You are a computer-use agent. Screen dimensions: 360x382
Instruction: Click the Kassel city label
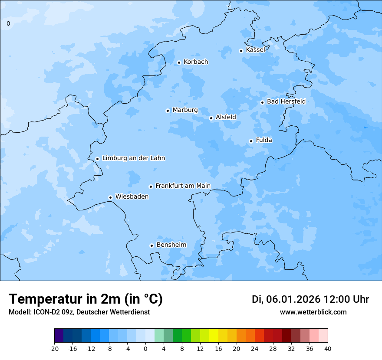coord(255,50)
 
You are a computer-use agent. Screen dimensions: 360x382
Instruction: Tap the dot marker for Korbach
coord(179,62)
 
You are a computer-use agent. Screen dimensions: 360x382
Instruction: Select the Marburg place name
coord(185,110)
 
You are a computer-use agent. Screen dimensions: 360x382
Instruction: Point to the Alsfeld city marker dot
coord(211,118)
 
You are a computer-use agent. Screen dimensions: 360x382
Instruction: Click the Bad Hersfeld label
coord(286,101)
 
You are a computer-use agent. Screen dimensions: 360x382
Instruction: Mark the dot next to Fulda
coord(251,141)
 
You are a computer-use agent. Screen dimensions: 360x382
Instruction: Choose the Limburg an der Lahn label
coord(133,158)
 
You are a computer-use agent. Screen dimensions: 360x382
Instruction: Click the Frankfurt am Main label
coord(183,186)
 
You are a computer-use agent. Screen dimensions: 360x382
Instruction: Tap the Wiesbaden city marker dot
coord(111,197)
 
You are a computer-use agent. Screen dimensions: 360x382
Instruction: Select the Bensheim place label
coord(171,245)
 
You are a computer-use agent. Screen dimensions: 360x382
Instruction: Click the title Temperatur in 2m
coord(86,299)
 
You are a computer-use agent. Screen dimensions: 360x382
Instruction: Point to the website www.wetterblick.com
coord(313,312)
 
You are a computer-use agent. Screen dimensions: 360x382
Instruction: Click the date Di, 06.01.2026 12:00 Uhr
coord(310,299)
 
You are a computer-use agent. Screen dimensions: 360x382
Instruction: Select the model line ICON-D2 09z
coord(79,312)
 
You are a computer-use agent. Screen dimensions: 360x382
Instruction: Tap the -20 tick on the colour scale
coord(54,348)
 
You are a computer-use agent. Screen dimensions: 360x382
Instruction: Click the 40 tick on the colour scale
coord(328,348)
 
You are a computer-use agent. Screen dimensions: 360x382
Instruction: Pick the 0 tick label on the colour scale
coord(145,348)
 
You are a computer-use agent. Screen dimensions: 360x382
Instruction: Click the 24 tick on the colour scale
coord(255,348)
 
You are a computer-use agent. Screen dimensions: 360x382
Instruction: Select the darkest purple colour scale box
coord(59,336)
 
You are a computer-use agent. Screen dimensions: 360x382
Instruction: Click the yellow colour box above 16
coord(214,336)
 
